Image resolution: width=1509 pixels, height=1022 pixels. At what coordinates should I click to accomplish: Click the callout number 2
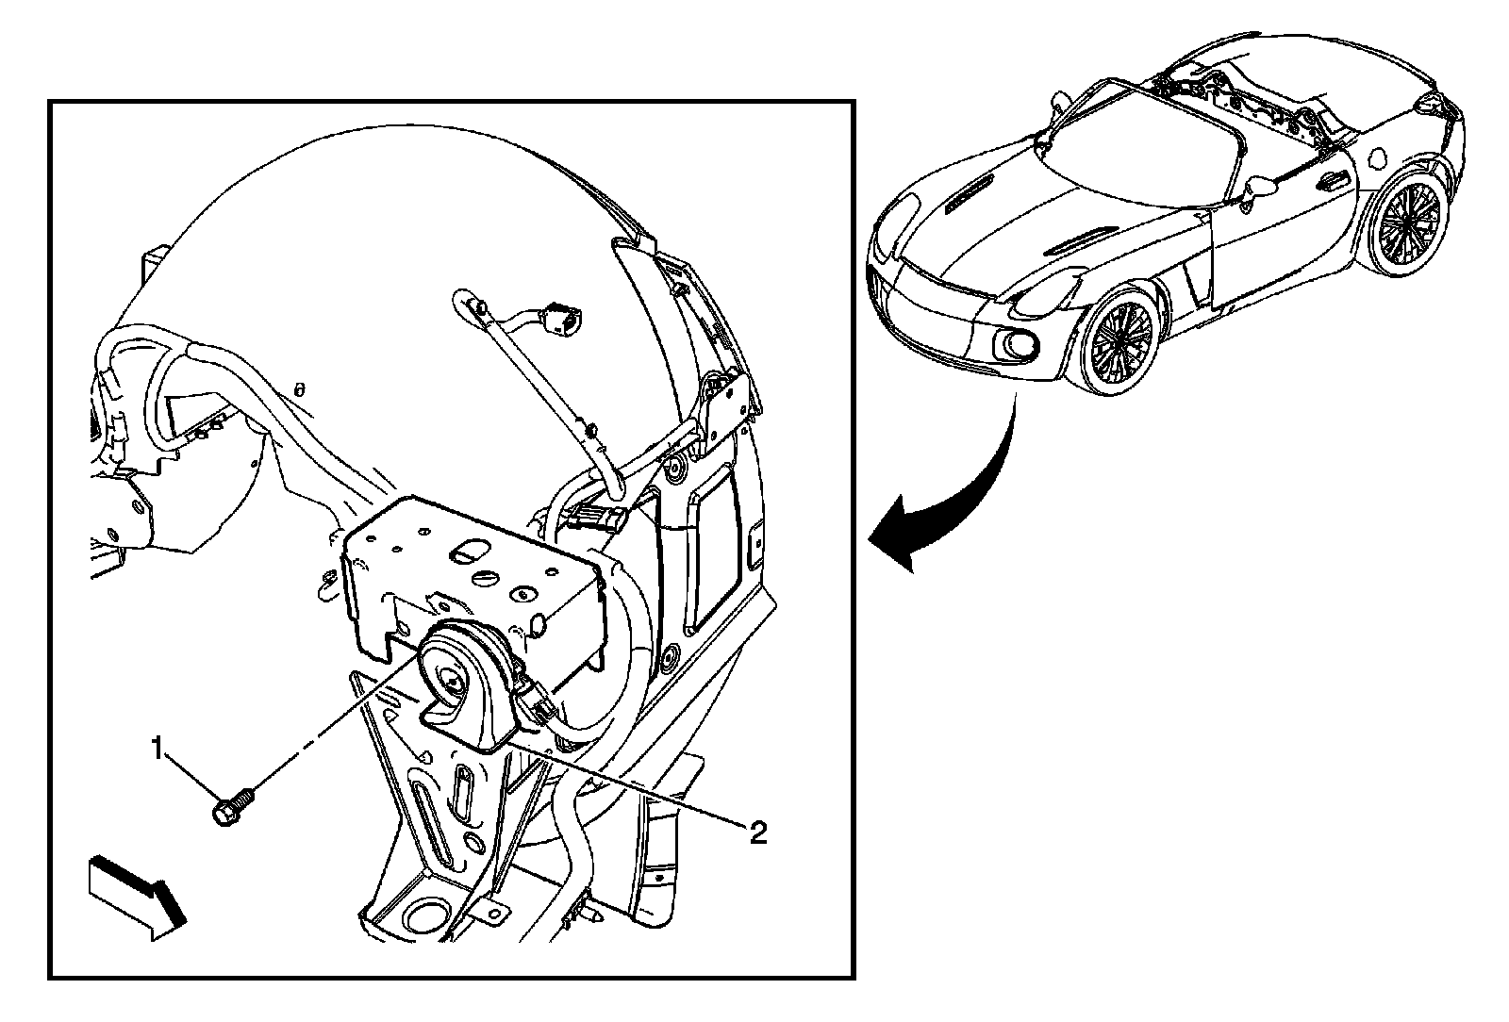757,831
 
